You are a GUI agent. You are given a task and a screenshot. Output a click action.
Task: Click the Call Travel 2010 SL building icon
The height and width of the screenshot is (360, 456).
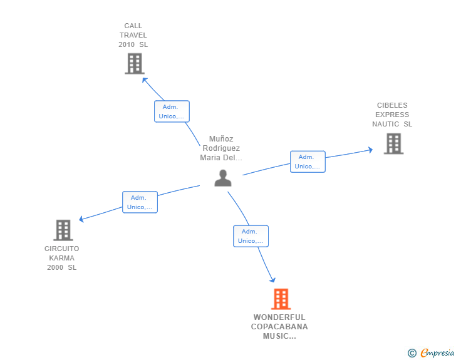point(134,63)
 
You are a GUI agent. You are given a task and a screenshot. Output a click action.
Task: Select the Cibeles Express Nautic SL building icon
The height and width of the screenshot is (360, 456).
point(393,143)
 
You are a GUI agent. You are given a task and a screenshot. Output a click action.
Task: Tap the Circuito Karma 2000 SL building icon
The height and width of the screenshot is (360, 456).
point(63,230)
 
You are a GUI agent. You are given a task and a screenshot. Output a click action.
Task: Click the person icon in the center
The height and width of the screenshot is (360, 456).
point(222,178)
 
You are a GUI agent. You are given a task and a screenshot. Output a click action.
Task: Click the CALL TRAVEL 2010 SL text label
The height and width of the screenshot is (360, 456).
point(133,35)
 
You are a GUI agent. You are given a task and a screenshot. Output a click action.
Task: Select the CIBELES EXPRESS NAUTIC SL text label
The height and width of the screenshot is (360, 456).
point(392,115)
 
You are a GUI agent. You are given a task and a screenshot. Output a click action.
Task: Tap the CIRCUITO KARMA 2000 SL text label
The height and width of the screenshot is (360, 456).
point(62,258)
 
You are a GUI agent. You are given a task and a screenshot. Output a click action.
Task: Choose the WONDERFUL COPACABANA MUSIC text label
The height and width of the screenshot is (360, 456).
point(279,327)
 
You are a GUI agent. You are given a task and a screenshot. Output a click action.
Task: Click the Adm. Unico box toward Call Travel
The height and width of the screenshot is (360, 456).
point(172,111)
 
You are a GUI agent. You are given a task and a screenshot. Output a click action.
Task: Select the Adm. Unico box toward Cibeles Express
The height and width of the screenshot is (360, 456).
point(308,162)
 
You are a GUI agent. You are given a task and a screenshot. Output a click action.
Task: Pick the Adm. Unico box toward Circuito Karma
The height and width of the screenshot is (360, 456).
point(140,202)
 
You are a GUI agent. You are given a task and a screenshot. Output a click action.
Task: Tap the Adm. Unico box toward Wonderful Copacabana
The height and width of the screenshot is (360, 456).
point(251,236)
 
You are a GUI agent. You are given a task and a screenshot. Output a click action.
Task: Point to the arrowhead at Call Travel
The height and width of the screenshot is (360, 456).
point(145,80)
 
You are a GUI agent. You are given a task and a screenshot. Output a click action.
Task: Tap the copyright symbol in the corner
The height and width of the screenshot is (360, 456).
point(412,353)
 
